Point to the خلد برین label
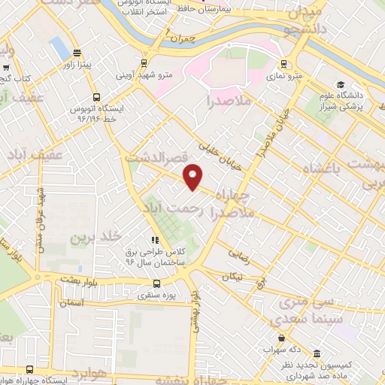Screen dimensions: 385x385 click(x=95, y=238)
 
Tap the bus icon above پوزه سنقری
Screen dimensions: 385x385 click(x=157, y=283)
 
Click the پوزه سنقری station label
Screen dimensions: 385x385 click(x=157, y=296)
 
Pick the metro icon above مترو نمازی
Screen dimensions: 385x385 click(x=283, y=64)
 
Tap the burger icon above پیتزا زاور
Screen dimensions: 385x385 click(x=77, y=53)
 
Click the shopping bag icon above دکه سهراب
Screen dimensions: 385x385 click(x=282, y=338)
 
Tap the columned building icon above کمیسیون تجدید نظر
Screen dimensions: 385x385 click(x=317, y=354)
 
